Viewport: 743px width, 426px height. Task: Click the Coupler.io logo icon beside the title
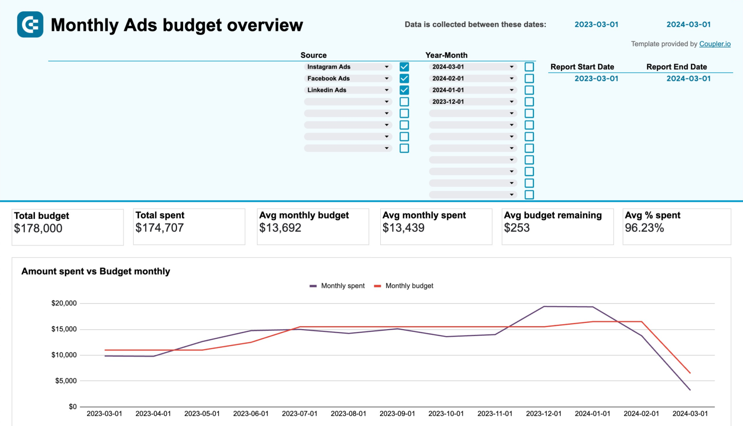pos(30,25)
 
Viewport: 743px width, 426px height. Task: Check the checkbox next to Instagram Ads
pos(404,67)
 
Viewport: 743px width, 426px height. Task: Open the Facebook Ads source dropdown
pos(348,78)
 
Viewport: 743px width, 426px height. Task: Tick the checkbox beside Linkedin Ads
pos(404,90)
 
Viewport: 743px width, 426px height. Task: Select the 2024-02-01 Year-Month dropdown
pos(472,78)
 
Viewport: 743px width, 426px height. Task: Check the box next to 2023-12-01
pos(529,102)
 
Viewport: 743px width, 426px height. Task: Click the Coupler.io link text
pos(715,44)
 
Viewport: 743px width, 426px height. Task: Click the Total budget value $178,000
pos(38,228)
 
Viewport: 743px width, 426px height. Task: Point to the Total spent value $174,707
pos(160,228)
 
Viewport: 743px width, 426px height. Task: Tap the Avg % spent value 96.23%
pos(644,228)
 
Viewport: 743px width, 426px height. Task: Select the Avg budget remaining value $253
pos(517,228)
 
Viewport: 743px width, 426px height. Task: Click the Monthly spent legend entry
pos(337,286)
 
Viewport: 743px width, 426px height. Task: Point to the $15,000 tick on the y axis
pos(64,329)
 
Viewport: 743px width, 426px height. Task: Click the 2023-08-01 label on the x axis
pos(348,414)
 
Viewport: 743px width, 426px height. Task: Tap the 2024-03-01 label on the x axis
pos(690,414)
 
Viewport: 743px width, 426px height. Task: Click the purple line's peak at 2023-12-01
pos(544,307)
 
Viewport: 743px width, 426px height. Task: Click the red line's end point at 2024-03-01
pos(690,373)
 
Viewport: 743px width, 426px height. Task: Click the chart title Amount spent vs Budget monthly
pos(96,271)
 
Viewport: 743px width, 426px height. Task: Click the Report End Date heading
pos(677,67)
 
